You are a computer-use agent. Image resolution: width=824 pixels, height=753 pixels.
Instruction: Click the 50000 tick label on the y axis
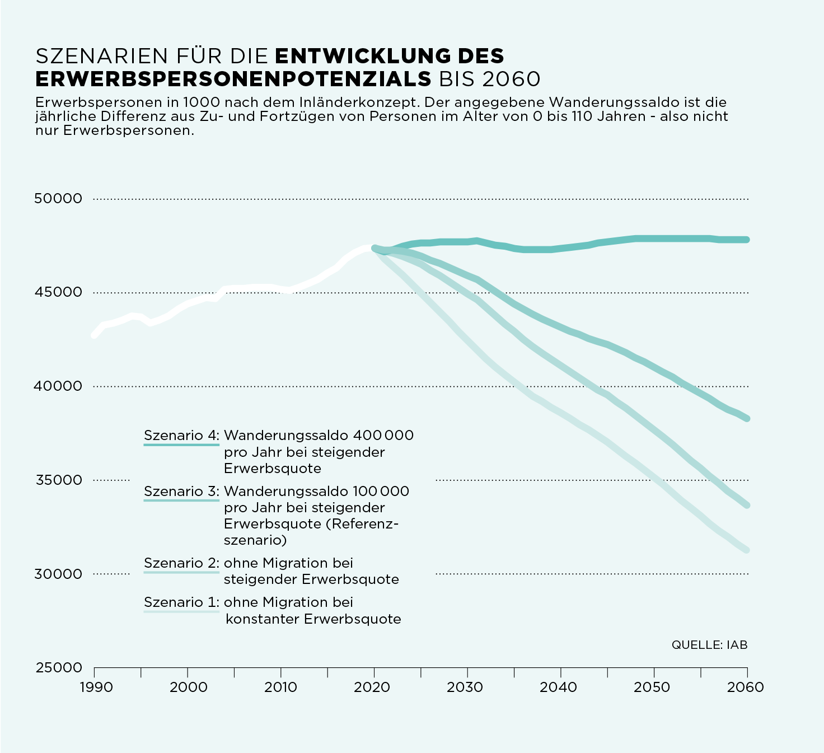coord(58,198)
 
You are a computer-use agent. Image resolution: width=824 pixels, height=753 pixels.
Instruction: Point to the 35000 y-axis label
coord(58,480)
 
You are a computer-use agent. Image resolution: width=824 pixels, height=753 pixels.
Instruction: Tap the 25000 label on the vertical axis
coord(58,668)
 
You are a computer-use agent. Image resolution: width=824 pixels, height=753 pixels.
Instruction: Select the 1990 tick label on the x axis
coord(96,687)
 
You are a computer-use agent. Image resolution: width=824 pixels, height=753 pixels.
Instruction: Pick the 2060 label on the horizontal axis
coord(745,687)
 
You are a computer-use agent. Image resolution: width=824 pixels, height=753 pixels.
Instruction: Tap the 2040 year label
coord(558,687)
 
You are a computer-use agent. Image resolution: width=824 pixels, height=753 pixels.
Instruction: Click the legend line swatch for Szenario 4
coord(181,445)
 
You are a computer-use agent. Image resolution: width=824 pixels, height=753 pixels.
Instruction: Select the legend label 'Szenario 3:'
coord(181,491)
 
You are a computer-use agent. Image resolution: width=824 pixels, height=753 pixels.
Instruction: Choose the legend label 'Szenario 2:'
coord(181,563)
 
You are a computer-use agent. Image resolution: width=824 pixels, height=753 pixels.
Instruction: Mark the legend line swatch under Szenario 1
coord(181,611)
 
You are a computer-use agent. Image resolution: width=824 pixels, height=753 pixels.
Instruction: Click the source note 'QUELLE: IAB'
coord(709,645)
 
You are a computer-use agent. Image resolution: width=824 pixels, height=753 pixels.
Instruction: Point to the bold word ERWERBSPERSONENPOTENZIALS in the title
coord(233,79)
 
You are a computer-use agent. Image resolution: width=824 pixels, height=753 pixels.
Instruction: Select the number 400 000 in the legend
coord(383,435)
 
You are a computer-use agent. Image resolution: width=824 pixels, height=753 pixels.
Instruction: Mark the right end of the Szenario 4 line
coord(746,240)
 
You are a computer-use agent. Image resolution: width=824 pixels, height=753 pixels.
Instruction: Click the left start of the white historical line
coord(94,335)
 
